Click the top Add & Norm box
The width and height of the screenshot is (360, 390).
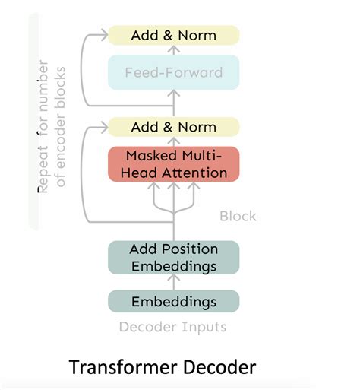tap(173, 35)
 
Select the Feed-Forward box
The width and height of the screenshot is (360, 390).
tap(173, 73)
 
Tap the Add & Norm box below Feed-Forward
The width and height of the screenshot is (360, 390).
tap(173, 127)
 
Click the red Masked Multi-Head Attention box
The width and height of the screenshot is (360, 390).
tap(173, 164)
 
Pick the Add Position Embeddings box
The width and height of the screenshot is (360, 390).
tap(173, 257)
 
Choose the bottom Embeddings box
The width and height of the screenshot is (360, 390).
tap(173, 302)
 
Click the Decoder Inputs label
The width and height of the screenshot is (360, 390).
tap(172, 328)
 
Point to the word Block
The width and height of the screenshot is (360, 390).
tap(238, 216)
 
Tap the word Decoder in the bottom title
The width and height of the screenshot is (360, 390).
tap(220, 367)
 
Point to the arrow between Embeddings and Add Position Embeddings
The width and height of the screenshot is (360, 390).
tap(174, 282)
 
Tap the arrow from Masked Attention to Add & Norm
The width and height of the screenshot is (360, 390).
tap(174, 142)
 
